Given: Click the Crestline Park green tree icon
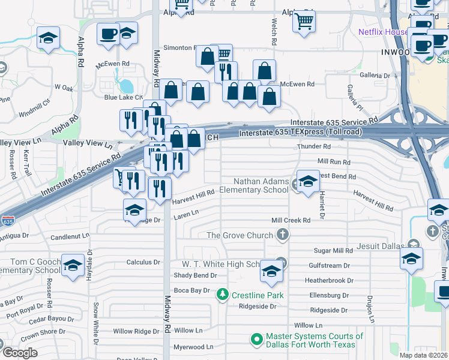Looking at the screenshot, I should click(x=223, y=295).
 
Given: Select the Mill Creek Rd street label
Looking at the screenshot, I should click(x=291, y=221).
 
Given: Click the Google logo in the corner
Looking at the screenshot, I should click(x=20, y=352).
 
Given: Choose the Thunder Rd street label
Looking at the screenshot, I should click(x=313, y=146).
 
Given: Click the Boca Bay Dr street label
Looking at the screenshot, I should click(x=191, y=290).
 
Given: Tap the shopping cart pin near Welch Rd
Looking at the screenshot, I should click(x=304, y=22).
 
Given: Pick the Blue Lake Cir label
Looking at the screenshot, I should click(x=124, y=97).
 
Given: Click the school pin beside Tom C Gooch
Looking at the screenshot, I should click(x=73, y=266).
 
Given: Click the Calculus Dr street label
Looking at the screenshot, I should click(x=143, y=262).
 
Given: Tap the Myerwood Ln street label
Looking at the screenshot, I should click(x=193, y=347).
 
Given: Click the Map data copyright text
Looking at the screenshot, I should click(x=423, y=355).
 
